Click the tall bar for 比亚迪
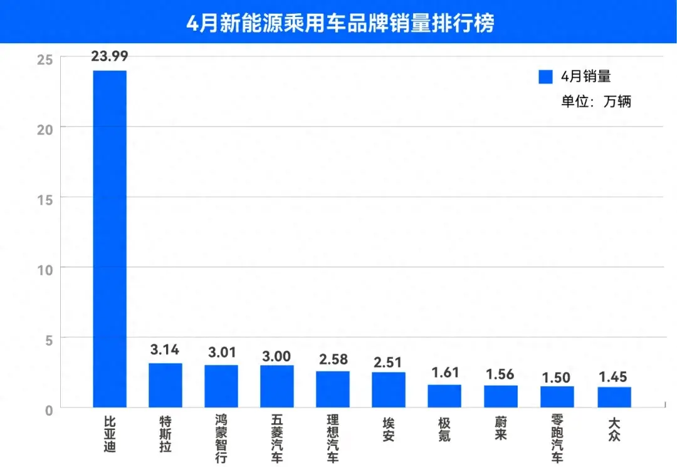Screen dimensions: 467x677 click(x=110, y=238)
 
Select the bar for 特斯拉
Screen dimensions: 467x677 click(x=165, y=385)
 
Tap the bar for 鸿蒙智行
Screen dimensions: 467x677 click(x=221, y=386)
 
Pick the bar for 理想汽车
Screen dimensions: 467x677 click(x=333, y=389)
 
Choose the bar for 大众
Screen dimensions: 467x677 click(x=614, y=397)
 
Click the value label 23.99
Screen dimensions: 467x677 click(x=110, y=56)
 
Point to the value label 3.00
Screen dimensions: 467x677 click(x=276, y=356)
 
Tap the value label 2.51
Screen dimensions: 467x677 click(x=388, y=363)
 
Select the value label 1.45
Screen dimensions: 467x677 click(x=614, y=377)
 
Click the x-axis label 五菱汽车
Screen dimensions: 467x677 click(x=276, y=436)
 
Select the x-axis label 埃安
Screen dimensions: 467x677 click(x=388, y=428)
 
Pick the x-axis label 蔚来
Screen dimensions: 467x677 click(x=500, y=428)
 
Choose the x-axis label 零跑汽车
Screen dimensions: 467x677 click(x=557, y=436)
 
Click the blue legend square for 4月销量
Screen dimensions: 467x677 click(x=545, y=77)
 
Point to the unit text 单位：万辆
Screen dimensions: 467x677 click(x=596, y=101)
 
